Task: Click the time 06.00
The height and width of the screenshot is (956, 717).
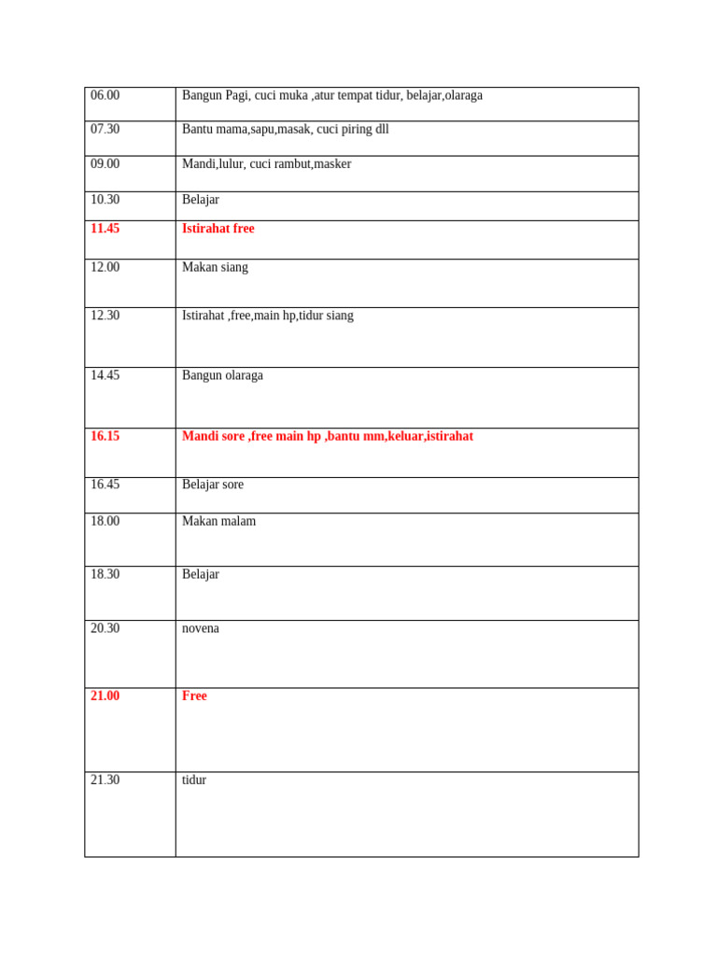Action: pos(105,95)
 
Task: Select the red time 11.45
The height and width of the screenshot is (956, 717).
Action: pos(105,229)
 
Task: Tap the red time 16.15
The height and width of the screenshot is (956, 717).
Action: pos(105,436)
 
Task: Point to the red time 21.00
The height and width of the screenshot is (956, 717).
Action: pos(105,696)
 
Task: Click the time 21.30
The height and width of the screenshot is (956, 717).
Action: pos(105,780)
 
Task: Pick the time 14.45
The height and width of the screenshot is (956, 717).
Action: pos(105,375)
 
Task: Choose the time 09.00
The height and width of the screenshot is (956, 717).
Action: pos(105,163)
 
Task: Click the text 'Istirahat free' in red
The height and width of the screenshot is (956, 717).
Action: pos(218,229)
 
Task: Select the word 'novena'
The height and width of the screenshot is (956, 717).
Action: pos(201,628)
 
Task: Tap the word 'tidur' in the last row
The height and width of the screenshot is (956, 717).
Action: pos(194,780)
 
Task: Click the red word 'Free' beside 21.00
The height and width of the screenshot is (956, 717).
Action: pos(194,696)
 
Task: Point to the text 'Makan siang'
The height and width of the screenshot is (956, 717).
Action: pos(215,267)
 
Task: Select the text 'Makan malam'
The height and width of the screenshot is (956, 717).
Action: pos(218,521)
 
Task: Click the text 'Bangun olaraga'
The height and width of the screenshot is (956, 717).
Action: pos(222,375)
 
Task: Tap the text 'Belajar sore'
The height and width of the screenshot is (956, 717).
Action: pos(213,485)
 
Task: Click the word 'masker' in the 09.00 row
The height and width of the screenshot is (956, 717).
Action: pos(332,163)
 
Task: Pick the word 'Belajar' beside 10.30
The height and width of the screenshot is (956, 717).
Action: pos(201,199)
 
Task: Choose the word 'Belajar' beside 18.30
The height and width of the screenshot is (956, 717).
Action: pos(201,574)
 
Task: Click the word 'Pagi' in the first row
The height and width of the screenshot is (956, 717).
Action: pos(237,95)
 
